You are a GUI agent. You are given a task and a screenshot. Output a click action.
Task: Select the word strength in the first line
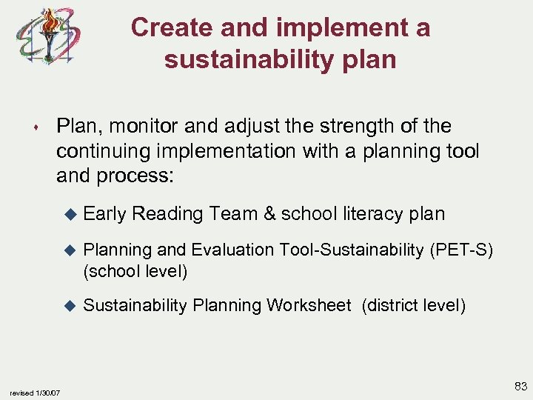(348, 127)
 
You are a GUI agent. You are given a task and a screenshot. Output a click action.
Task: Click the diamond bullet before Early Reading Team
(71, 215)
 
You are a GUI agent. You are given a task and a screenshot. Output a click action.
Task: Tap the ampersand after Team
(269, 214)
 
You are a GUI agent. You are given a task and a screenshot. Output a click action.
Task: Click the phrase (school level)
(135, 271)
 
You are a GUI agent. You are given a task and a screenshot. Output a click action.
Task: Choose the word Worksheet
(309, 304)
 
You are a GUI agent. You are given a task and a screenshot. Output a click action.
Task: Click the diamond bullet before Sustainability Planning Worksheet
(71, 305)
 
